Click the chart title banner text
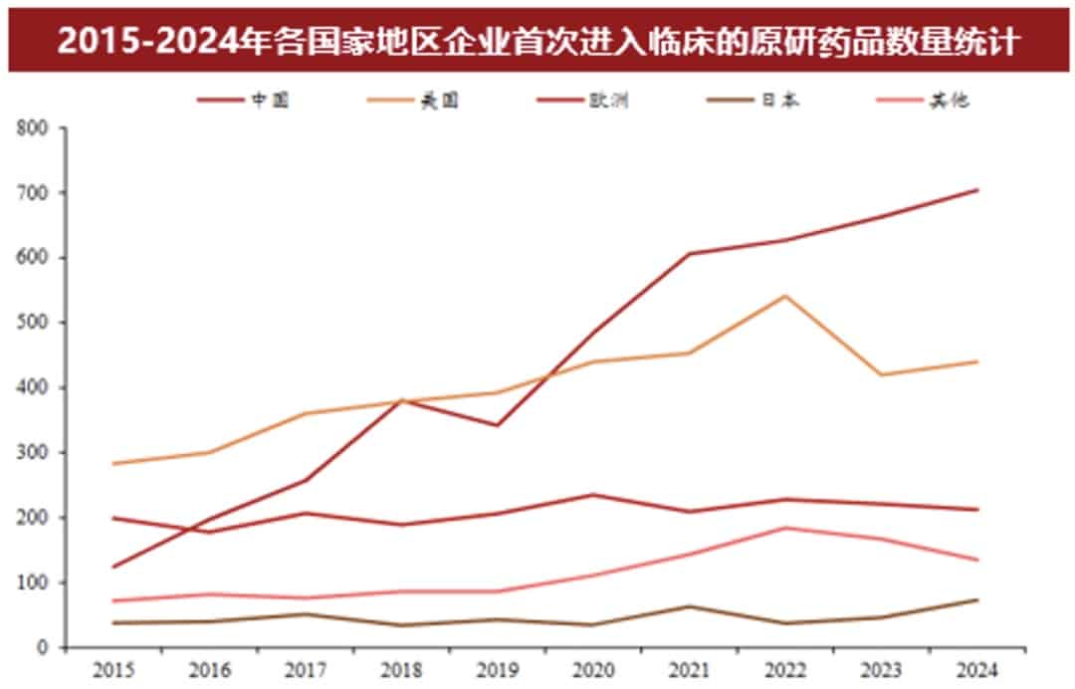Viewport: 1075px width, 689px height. pos(537,42)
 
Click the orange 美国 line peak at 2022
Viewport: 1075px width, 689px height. pos(785,296)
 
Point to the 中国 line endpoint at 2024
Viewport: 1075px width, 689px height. pos(978,189)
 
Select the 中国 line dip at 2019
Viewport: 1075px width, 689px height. pos(497,425)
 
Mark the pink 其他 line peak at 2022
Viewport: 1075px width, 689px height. pos(785,528)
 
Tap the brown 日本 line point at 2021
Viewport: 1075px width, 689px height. pos(689,606)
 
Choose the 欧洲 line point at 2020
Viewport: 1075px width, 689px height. pos(593,495)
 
